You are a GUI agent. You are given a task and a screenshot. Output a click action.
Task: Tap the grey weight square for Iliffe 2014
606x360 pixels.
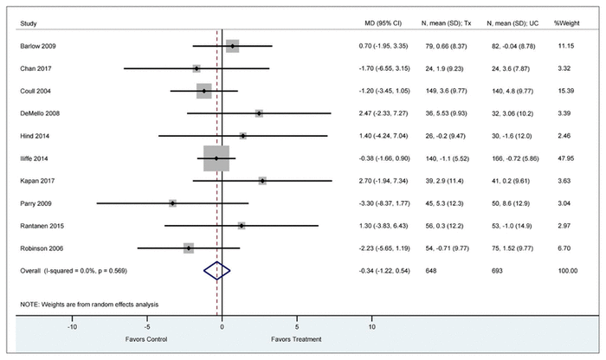[x=216, y=158]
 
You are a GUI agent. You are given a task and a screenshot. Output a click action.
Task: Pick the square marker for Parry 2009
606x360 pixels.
[x=172, y=203]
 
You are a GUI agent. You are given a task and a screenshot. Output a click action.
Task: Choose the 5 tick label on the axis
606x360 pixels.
[x=297, y=328]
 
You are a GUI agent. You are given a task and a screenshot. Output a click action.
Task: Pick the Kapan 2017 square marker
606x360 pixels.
[x=262, y=181]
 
